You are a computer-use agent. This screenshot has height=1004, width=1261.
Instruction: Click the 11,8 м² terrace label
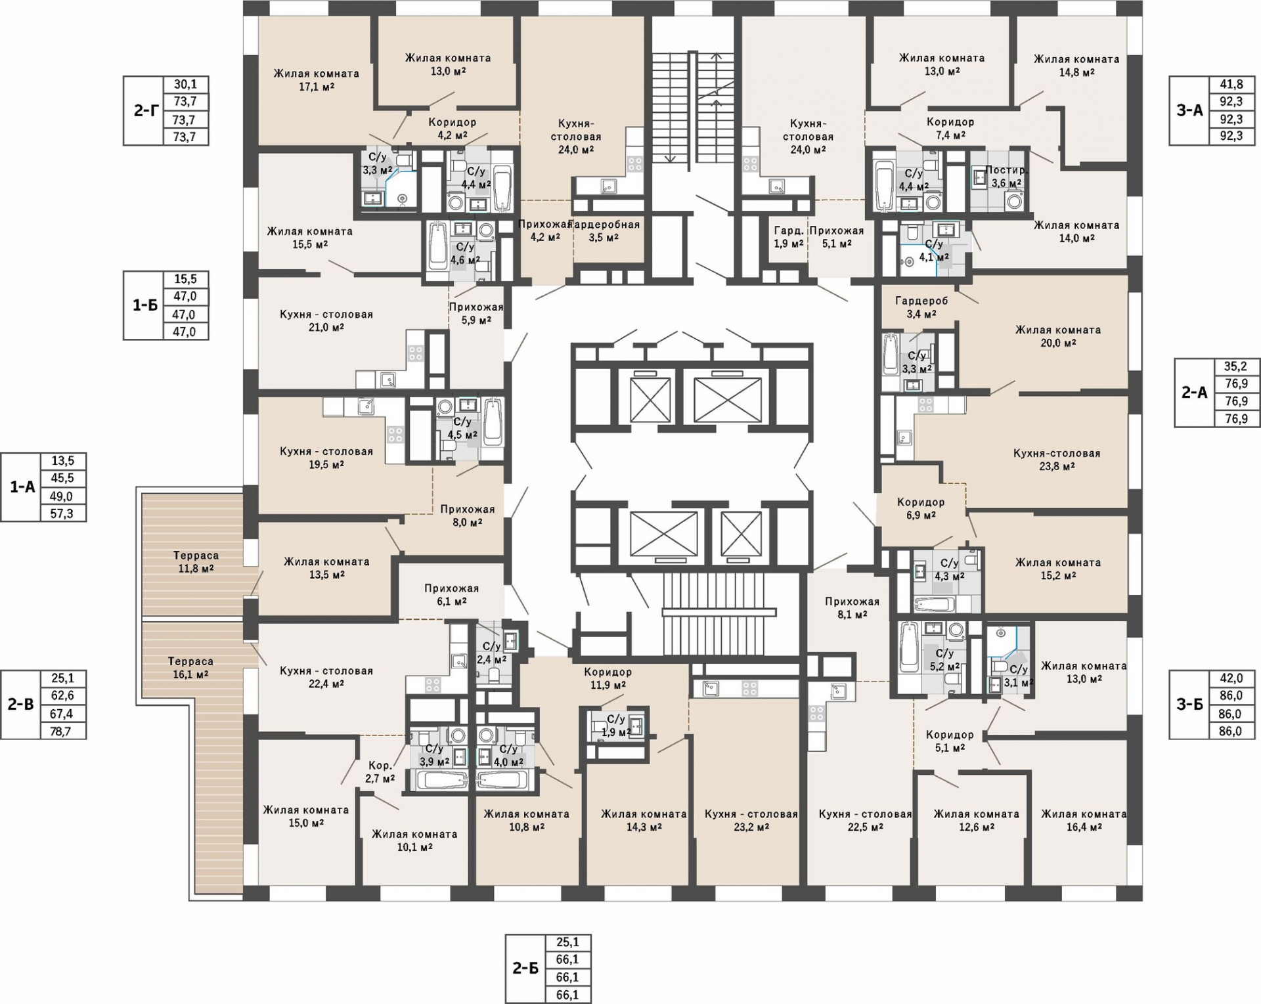coord(196,562)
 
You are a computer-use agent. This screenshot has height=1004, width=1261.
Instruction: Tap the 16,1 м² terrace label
coord(190,668)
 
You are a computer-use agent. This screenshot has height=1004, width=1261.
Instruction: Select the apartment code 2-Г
coord(146,110)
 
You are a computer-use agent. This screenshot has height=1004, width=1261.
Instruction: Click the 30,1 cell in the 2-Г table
coord(185,84)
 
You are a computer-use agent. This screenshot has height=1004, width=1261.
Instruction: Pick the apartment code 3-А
coord(1189,110)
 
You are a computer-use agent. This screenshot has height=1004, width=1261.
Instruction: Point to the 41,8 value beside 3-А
coord(1231,84)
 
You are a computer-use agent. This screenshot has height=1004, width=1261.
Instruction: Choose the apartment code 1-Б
coord(144,305)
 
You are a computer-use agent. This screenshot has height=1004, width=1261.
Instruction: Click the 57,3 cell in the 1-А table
coord(62,513)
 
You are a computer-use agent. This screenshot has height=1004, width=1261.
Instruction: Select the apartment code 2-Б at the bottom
coord(525,967)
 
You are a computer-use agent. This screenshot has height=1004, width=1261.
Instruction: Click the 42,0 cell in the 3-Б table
coord(1231,678)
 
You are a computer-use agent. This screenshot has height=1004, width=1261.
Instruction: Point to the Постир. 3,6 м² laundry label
coord(1006,177)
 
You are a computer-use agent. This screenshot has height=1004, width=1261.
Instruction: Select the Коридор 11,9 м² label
coord(608,678)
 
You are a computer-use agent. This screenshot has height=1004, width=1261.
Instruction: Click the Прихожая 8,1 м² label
coord(852,608)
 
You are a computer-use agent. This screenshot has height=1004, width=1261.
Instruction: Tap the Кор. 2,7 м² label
coord(380,772)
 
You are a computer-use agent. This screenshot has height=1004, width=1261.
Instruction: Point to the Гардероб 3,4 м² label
coord(921,307)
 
